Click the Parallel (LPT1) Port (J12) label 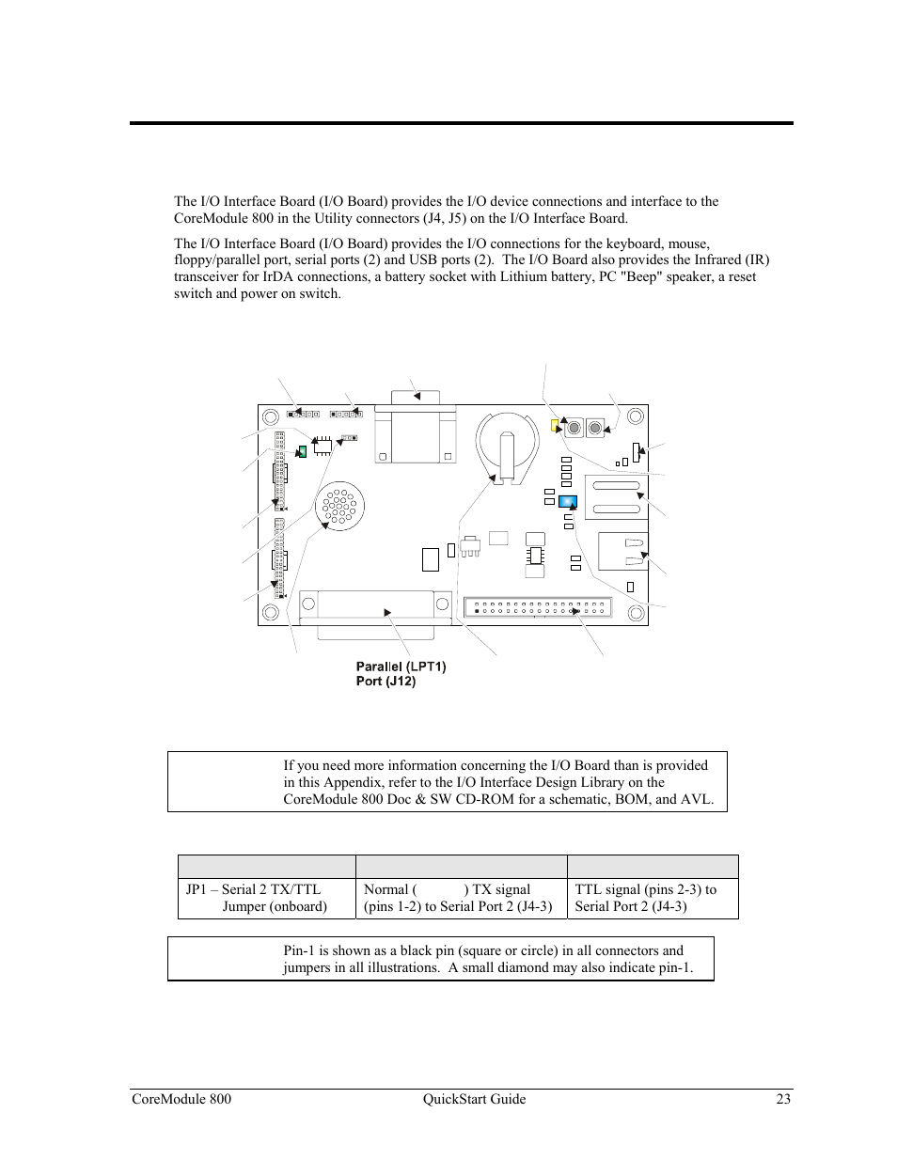click(401, 673)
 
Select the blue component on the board click(568, 502)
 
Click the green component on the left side click(302, 451)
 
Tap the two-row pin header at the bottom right click(537, 607)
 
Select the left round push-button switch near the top click(574, 429)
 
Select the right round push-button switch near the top click(594, 429)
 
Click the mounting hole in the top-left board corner click(270, 416)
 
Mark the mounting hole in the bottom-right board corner click(637, 614)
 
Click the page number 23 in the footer click(783, 1099)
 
